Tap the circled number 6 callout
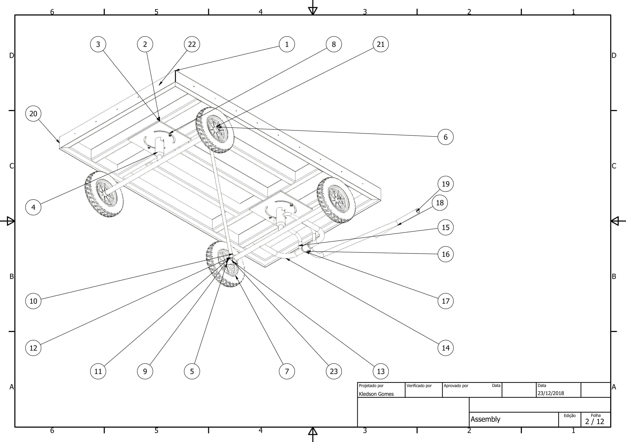446,137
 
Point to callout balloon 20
33,114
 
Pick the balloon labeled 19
446,184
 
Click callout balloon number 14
446,348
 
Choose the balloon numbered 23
334,371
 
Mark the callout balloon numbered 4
33,207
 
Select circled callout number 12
33,348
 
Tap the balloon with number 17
446,301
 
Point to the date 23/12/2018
551,393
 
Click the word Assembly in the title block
485,419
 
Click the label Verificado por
419,386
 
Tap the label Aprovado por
456,386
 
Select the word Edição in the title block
570,416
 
